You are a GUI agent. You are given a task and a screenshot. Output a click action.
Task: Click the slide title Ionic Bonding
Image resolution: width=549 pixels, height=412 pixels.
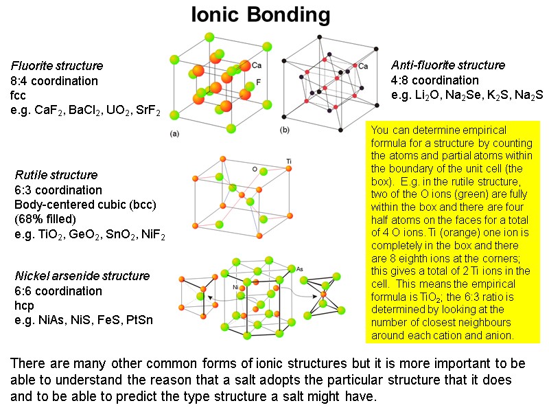pyautogui.click(x=260, y=15)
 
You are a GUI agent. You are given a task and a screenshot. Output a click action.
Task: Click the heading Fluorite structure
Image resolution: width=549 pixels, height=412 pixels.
pyautogui.click(x=57, y=66)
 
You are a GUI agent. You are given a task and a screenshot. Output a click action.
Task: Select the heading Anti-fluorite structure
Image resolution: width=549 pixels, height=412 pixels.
pyautogui.click(x=448, y=65)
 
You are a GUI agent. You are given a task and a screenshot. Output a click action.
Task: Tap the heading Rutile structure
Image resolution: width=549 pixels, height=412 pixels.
pyautogui.click(x=56, y=174)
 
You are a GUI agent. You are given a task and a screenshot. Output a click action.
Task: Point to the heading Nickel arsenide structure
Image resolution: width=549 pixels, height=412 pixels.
pyautogui.click(x=82, y=275)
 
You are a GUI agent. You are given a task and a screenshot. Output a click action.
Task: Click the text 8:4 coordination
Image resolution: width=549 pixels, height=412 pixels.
pyautogui.click(x=54, y=81)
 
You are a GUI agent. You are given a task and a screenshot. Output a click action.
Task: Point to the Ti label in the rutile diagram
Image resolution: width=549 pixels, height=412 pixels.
pyautogui.click(x=289, y=161)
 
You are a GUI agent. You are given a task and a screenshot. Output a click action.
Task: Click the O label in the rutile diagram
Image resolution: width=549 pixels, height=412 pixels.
pyautogui.click(x=255, y=168)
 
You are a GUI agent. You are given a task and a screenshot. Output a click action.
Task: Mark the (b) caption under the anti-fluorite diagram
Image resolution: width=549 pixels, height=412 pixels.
pyautogui.click(x=283, y=130)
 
